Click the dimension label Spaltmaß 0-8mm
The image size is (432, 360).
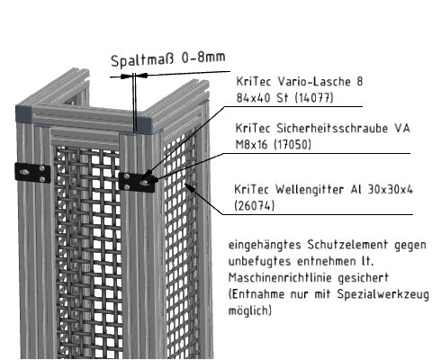[x=168, y=59]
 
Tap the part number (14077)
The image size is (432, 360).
[x=314, y=97]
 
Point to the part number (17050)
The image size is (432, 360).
[x=292, y=145]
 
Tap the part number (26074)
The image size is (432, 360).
[x=254, y=206]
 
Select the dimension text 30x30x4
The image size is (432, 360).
[x=391, y=189]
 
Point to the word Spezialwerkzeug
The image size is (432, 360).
[x=383, y=294]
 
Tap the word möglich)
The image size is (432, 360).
[x=250, y=310]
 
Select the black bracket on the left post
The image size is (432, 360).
[x=32, y=173]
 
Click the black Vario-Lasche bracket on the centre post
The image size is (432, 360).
[x=137, y=182]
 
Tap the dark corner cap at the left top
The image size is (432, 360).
[x=24, y=113]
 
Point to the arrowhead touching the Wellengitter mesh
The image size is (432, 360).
[x=189, y=187]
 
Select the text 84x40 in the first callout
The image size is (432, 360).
[x=253, y=98]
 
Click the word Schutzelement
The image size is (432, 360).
[x=347, y=245]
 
